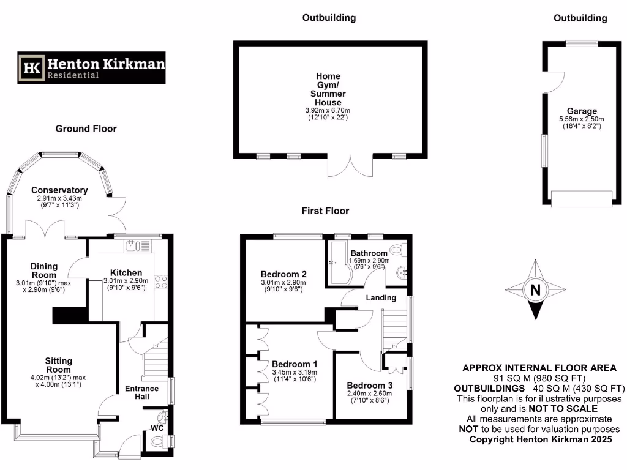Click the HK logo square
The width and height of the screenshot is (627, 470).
31,67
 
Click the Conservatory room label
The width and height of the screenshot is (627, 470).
59,190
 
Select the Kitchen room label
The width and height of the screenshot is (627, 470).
126,272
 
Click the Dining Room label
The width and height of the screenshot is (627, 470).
44,270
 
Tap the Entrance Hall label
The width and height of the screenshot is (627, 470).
141,393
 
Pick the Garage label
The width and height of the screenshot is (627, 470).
581,111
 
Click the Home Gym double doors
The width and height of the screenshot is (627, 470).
350,166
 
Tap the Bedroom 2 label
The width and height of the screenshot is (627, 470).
283,274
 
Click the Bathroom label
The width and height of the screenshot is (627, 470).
369,253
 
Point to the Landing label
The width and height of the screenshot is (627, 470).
381,297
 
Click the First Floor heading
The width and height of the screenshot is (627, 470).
325,211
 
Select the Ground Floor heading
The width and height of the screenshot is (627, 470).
86,129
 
